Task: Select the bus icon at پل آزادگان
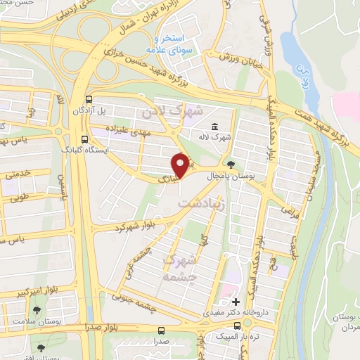point(89,100)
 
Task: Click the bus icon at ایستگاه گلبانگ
point(84,139)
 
